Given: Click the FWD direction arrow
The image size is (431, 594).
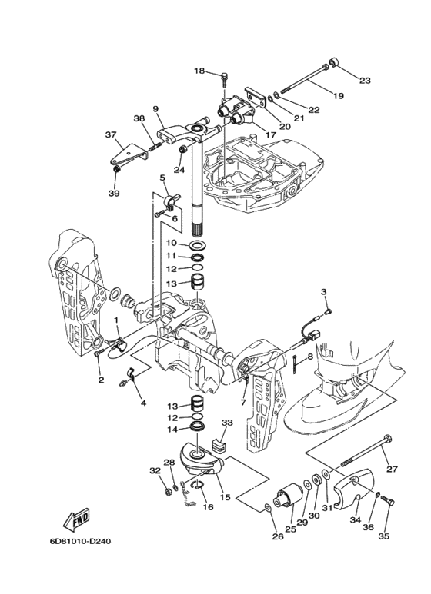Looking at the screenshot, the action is (x=77, y=519).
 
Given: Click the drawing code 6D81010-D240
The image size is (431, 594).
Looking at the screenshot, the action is (x=80, y=541).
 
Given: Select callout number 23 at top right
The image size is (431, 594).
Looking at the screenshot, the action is (x=365, y=81).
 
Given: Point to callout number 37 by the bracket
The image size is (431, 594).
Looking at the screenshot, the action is (x=111, y=134).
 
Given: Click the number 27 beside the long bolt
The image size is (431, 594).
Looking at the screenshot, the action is (x=392, y=470).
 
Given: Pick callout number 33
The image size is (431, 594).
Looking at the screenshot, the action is (x=228, y=422).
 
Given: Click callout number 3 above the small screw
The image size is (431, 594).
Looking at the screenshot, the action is (x=323, y=292).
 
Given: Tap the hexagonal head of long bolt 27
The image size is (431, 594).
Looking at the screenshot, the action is (x=387, y=440).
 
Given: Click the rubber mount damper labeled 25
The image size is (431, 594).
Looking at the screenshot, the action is (x=288, y=495).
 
